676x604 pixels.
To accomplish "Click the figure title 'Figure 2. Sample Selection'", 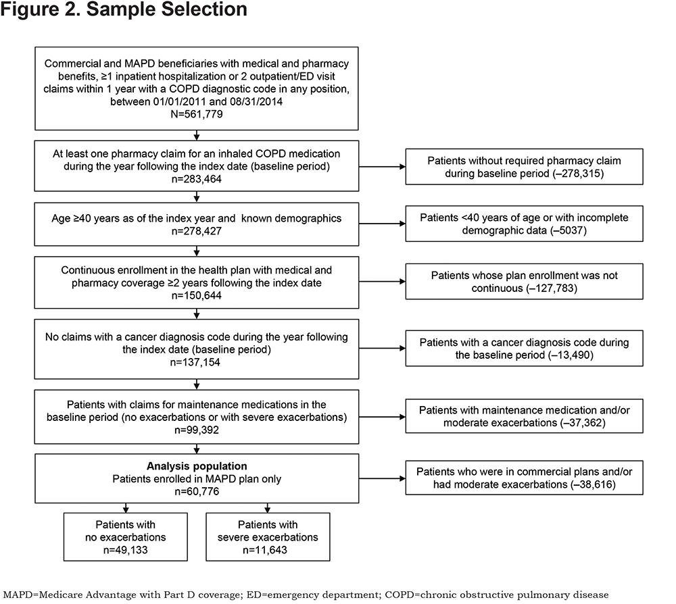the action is [x=124, y=9].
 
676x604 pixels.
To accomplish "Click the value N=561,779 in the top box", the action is [x=197, y=114].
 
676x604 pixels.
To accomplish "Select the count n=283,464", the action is [x=197, y=179].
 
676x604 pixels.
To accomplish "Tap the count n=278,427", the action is [x=197, y=231].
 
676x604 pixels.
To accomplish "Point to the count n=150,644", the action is [x=197, y=295].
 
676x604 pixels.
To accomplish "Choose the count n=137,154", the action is [x=195, y=362].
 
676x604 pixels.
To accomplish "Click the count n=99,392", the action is [x=197, y=430].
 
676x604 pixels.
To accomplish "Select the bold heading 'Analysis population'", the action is [x=197, y=466].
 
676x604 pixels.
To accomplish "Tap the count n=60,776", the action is [x=197, y=492].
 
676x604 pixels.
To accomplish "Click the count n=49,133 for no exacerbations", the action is [x=126, y=550].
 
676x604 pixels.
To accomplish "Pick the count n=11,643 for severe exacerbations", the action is [x=265, y=550].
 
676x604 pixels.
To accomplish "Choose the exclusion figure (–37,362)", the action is [x=583, y=423].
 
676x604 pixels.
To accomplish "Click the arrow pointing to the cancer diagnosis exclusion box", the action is [x=382, y=348].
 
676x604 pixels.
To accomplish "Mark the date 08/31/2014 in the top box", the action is [x=256, y=101].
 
